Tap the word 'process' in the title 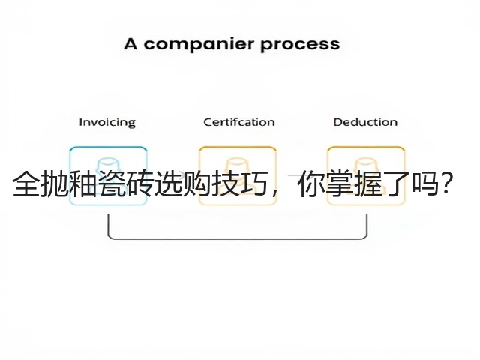[300, 45]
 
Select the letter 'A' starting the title [130, 43]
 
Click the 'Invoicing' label [107, 122]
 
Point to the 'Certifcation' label [239, 122]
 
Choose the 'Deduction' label [365, 122]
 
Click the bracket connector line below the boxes [238, 238]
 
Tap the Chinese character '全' [25, 184]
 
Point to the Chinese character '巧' [253, 184]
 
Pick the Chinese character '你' [310, 184]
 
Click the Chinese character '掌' [339, 184]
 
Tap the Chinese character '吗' [424, 184]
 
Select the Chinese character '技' [225, 184]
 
